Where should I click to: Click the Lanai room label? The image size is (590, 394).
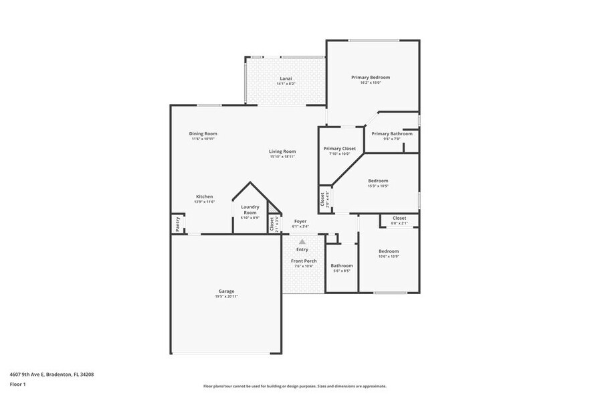286,78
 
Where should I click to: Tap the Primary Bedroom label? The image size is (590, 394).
371,77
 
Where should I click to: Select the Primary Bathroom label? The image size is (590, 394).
392,133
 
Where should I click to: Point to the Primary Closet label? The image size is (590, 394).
340,148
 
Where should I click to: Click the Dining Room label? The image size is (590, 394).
203,133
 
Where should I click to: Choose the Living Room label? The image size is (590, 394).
282,151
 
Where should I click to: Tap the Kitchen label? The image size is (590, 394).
204,196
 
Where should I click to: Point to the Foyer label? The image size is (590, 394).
300,220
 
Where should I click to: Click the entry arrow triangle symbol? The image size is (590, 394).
302,241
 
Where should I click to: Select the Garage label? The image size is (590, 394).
226,291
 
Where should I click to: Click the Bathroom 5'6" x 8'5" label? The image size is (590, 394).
342,265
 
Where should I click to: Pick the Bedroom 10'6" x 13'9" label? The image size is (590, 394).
389,251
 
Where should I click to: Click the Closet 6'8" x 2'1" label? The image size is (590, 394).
399,218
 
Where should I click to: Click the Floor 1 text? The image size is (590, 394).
17,384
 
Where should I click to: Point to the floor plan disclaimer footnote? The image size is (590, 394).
294,386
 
